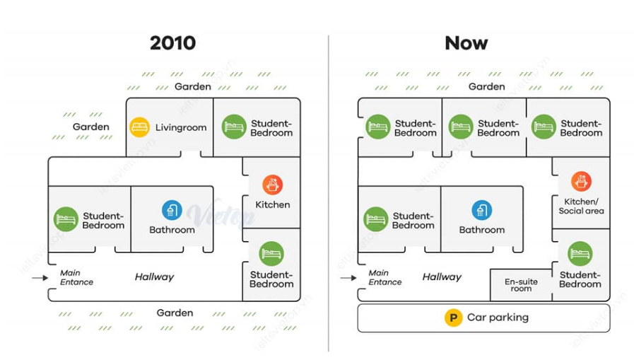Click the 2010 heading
coord(172,43)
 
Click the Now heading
coord(466,43)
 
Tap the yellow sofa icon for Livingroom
coord(140,127)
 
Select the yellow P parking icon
coord(453,318)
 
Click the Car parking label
coord(498,318)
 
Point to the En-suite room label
coord(521,285)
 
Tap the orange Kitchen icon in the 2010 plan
coord(272,185)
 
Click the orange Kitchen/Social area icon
coord(581,181)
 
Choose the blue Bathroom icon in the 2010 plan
coord(172,210)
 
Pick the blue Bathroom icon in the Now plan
coord(481,210)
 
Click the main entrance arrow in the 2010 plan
coord(40,278)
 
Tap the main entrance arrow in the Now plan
coord(348,278)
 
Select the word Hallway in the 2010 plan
coord(154,277)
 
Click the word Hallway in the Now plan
coord(442,277)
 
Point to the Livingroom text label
coord(181,128)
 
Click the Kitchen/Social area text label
coord(581,207)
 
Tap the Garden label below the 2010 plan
coord(175,313)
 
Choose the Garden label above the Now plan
coord(486,86)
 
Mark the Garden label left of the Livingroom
coord(91,127)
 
